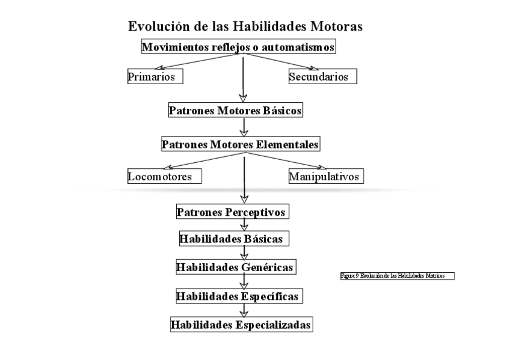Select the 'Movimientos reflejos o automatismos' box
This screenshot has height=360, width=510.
238,47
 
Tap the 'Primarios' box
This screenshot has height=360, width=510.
155,77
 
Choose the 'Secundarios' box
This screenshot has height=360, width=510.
322,77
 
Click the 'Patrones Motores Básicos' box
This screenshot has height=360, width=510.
235,111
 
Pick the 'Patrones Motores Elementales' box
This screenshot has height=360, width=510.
240,144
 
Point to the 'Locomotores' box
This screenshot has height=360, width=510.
164,177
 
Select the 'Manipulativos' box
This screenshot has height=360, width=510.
326,177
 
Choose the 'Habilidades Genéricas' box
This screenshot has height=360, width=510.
236,267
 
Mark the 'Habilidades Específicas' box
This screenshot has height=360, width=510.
238,296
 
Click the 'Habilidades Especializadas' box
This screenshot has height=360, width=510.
241,325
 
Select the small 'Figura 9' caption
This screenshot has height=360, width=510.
396,275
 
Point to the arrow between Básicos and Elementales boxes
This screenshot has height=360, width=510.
244,127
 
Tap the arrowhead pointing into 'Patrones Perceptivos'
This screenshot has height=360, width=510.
244,198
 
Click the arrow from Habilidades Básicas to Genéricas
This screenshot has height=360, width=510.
244,253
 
